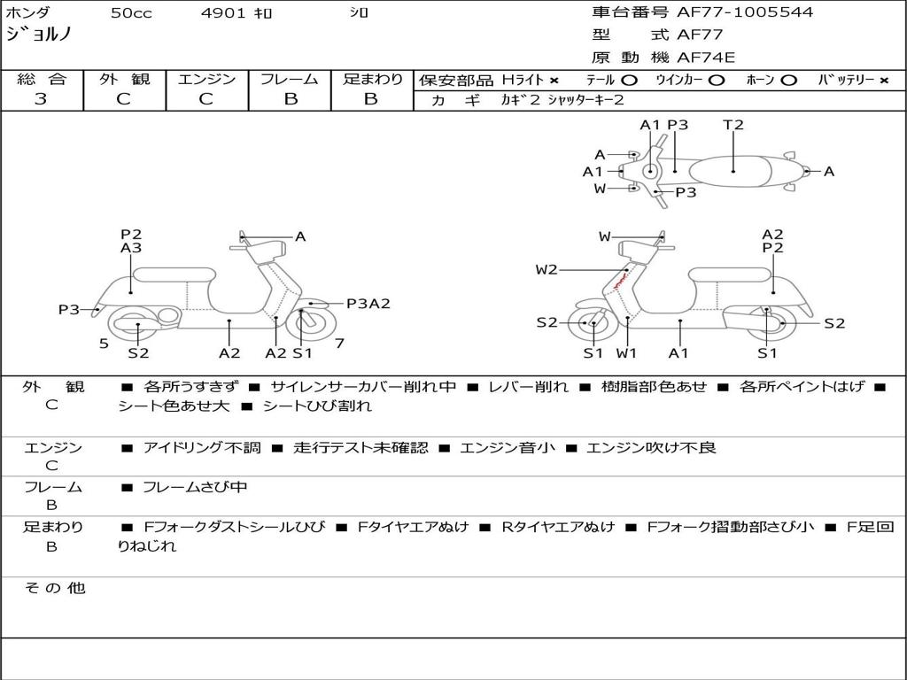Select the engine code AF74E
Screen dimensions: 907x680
(x=706, y=58)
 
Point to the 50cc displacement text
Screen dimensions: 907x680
(x=130, y=13)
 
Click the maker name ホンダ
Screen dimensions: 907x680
(x=27, y=13)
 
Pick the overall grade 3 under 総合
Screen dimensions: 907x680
(x=41, y=99)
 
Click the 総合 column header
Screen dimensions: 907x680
(x=42, y=80)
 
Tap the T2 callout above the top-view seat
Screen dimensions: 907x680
(x=733, y=125)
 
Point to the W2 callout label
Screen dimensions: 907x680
(x=547, y=270)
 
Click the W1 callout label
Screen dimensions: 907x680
(x=626, y=353)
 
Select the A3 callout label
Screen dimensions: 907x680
(x=131, y=249)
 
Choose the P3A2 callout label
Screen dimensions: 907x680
(x=368, y=304)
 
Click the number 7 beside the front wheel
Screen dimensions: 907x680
(x=339, y=343)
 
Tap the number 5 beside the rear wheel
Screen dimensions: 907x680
(x=104, y=343)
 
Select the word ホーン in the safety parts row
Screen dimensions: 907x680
(x=760, y=81)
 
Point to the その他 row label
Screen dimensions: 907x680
(x=54, y=588)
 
